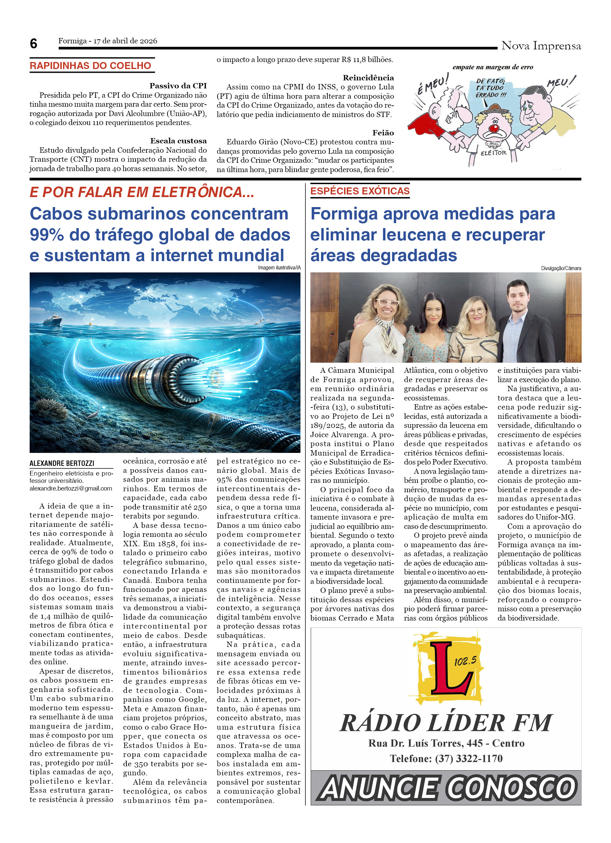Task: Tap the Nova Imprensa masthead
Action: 541,46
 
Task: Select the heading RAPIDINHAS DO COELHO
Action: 90,66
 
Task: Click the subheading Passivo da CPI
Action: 178,86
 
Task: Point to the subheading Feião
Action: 383,133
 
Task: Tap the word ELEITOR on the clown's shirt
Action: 494,153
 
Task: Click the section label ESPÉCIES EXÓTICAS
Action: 360,191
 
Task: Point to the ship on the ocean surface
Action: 52,320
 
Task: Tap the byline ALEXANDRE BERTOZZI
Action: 62,463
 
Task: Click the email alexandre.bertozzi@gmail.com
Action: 71,489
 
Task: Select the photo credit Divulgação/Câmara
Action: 561,268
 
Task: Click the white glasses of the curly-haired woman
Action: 387,302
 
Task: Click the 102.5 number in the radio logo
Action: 465,661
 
